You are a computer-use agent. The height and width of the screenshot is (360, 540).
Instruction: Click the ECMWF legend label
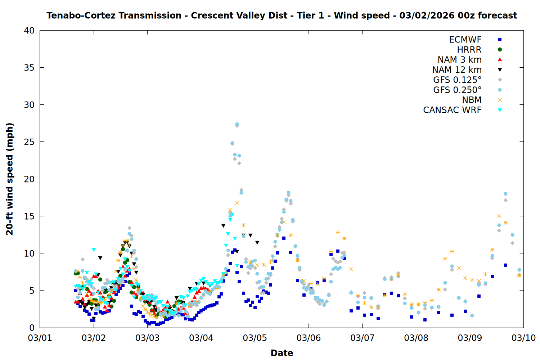(465, 40)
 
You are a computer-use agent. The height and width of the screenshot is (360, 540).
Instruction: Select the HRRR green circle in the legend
(500, 50)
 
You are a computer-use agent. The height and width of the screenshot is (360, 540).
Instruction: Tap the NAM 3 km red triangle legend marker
(500, 59)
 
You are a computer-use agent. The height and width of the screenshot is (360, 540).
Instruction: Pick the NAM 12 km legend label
(457, 70)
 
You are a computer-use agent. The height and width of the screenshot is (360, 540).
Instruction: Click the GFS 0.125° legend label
(457, 80)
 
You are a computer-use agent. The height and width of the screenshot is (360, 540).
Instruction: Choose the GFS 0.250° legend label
(457, 90)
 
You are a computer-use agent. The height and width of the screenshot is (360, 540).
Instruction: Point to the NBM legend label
(472, 100)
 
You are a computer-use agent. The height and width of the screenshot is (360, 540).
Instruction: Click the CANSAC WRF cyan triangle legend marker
(500, 110)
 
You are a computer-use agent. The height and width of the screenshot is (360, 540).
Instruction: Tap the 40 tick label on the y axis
(29, 31)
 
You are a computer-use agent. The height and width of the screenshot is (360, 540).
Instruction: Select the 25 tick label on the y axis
(29, 142)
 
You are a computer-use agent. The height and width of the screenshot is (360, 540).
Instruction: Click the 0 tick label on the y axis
(32, 328)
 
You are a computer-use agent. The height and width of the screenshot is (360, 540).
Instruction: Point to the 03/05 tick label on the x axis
(255, 338)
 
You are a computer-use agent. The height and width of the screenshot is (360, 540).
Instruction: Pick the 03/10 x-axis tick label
(523, 338)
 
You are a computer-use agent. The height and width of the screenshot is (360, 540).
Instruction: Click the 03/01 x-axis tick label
(40, 338)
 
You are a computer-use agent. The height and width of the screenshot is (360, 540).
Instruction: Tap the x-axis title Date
(282, 353)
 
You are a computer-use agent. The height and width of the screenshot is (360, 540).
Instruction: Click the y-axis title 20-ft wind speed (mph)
(10, 179)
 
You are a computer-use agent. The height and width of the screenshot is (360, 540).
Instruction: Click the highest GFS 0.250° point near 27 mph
(237, 124)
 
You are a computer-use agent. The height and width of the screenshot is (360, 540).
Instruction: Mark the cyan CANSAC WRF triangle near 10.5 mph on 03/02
(94, 250)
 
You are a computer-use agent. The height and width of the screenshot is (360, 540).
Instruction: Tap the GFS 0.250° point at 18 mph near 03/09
(505, 194)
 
